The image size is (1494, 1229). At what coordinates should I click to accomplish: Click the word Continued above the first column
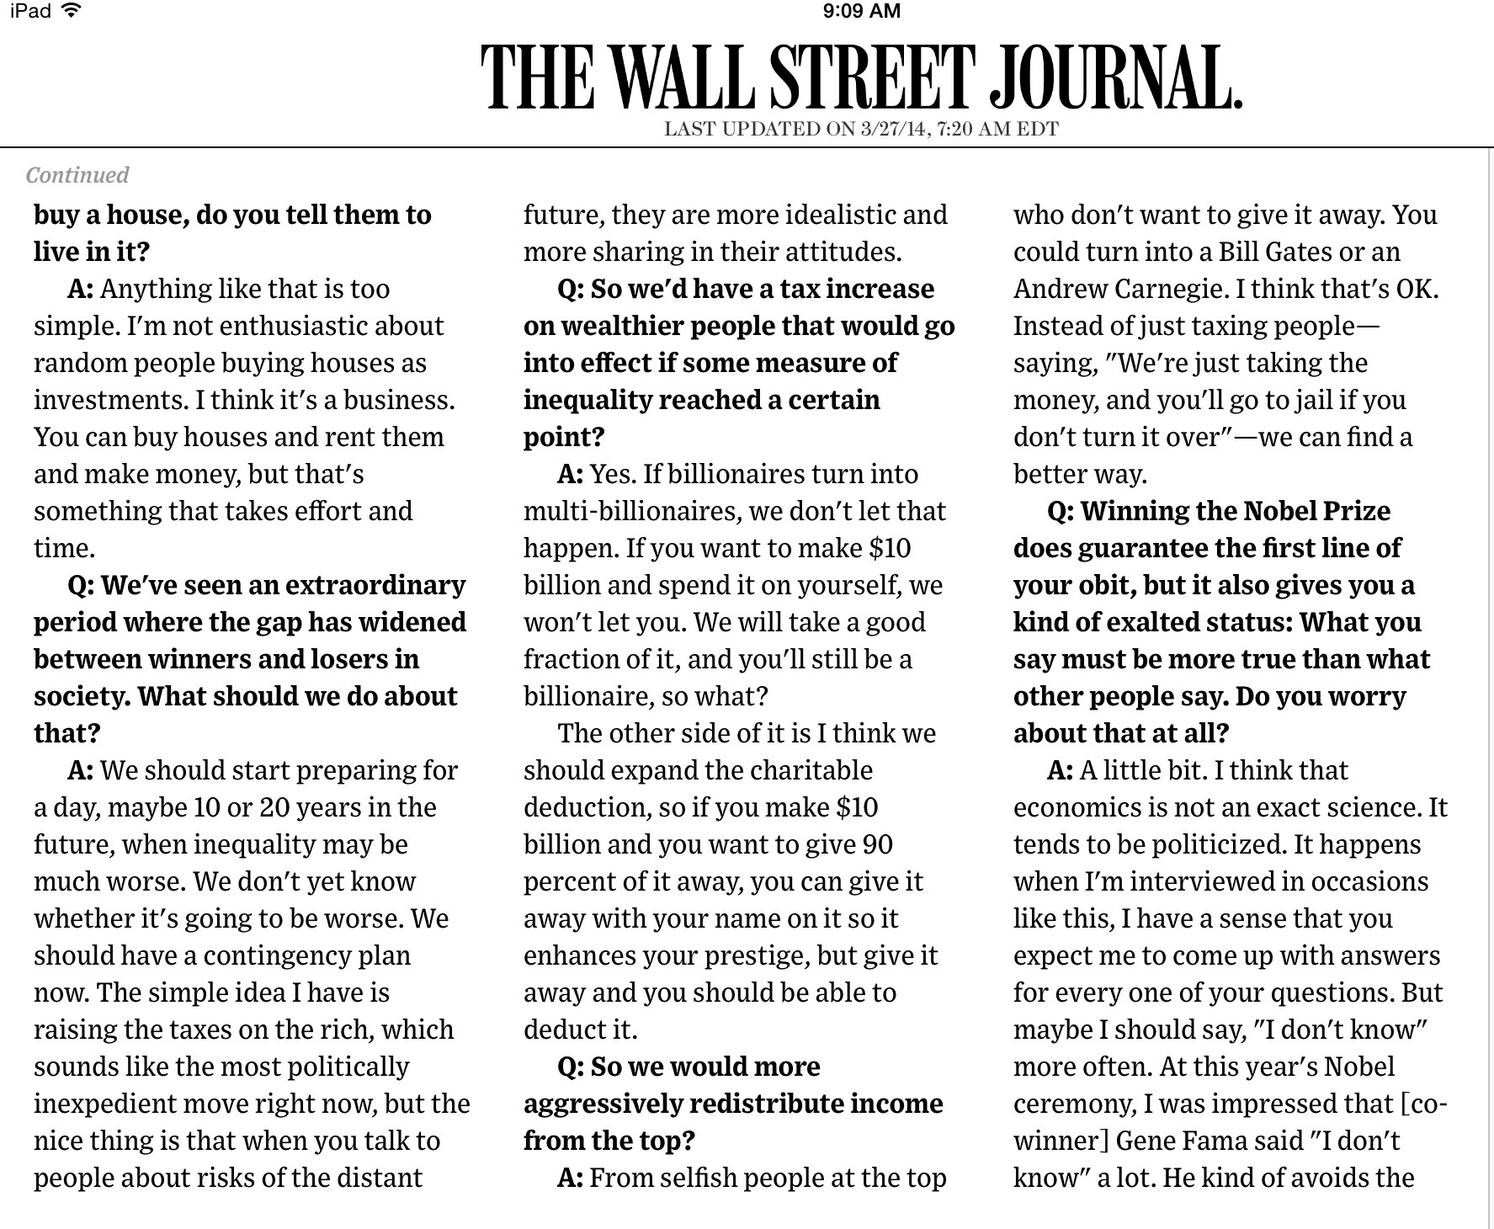click(77, 175)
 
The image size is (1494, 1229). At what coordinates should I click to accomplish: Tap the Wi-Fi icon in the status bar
click(73, 11)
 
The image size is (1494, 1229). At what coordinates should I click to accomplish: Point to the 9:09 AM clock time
click(861, 11)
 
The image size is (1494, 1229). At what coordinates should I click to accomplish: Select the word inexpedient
click(104, 1104)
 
